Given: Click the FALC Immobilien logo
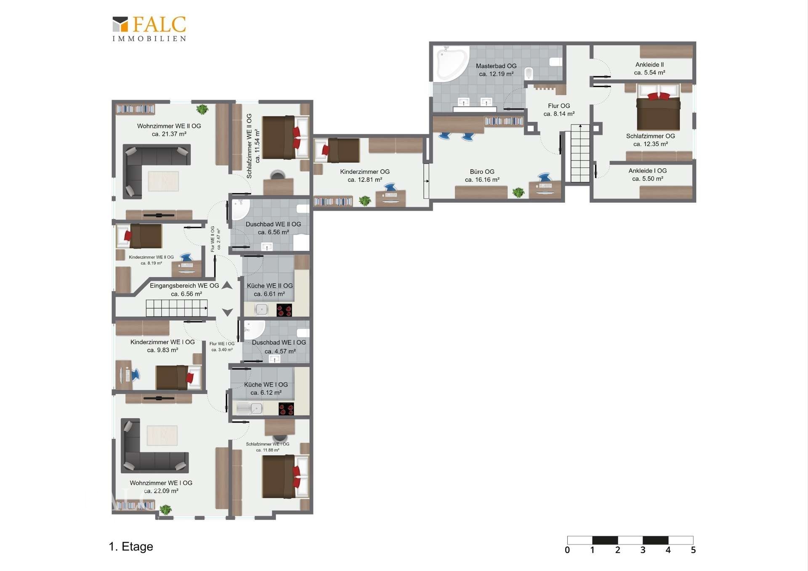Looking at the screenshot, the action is point(149,29).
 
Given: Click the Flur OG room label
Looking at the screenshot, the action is point(559,110).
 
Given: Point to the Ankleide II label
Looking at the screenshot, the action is point(649,69).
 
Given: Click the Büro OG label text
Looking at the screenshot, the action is point(482,175).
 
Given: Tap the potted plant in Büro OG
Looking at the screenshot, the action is point(518,192).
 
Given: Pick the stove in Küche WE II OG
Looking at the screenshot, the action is point(284,310).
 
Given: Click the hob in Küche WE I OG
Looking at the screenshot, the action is point(286,409).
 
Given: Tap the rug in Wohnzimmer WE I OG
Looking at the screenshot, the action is point(162,435).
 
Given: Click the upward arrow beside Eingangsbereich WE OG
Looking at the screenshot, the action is point(227,285).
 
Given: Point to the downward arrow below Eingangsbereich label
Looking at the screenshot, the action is point(228,312).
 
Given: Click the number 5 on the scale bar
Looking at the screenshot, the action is point(693,550).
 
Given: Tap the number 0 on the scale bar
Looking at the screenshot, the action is point(567,550).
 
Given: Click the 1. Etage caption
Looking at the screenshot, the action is point(131,546).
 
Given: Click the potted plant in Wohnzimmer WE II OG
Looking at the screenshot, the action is point(202,109).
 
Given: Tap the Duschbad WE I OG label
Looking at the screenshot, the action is point(279,347).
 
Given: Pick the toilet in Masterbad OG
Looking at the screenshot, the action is point(529,73).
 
